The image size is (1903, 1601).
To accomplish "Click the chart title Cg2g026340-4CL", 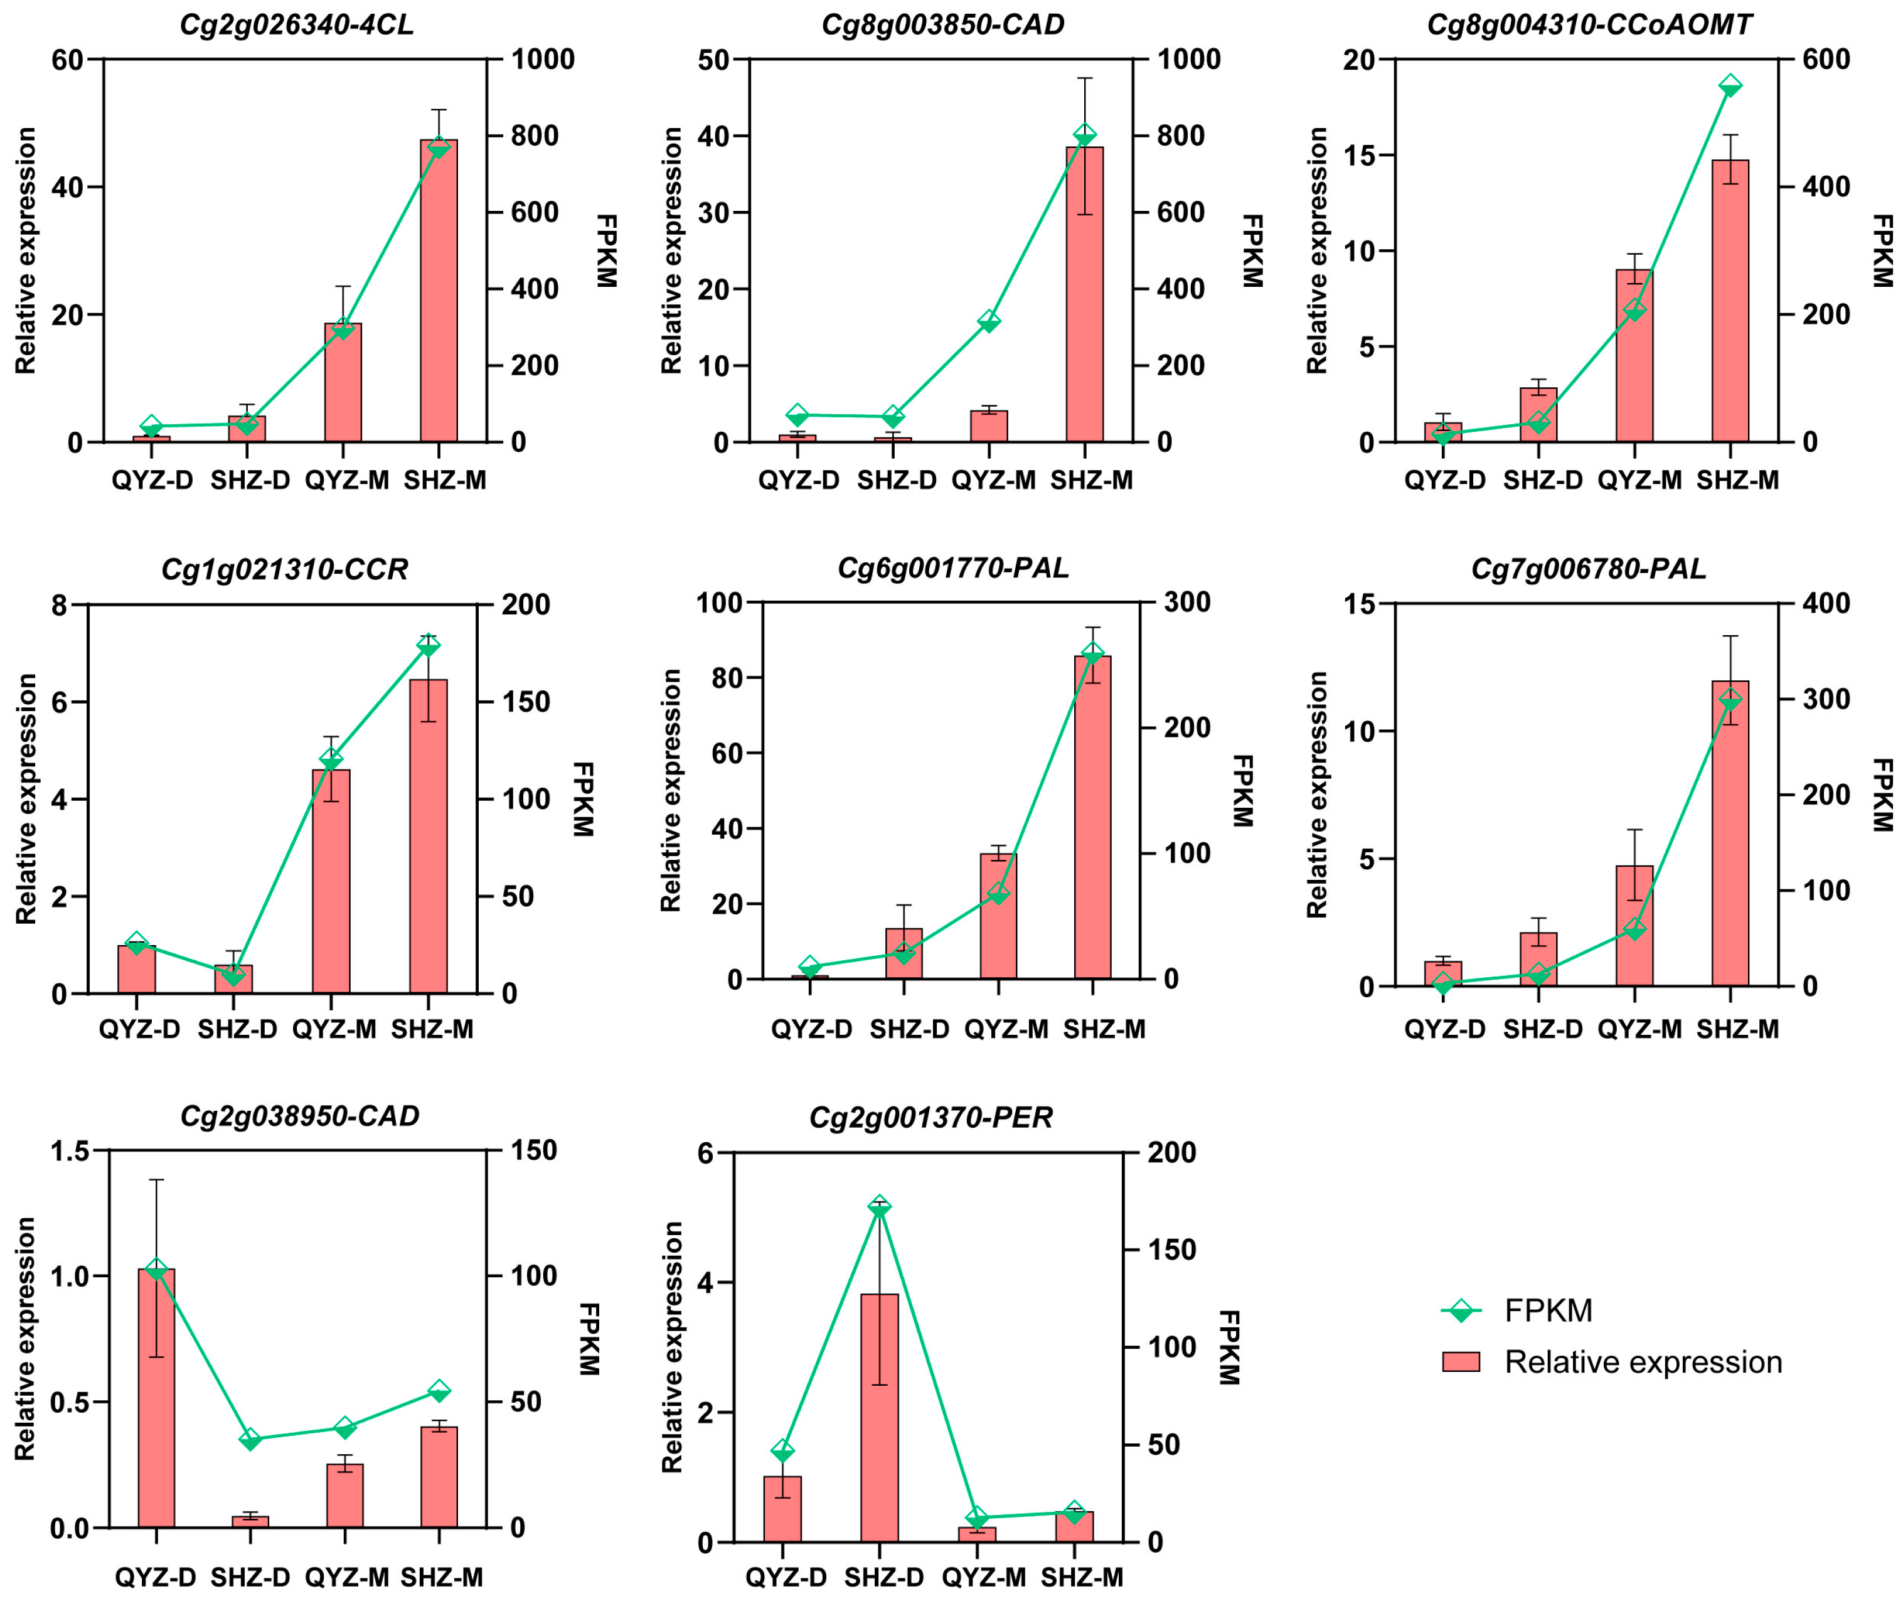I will coord(297,24).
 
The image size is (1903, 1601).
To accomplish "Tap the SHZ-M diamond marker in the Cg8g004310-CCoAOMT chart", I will coord(1730,87).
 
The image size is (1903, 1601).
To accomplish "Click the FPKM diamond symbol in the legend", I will coord(1461,1310).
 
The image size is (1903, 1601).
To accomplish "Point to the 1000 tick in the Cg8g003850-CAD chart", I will coord(1188,60).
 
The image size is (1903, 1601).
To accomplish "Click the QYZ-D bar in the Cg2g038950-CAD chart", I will coord(156,1398).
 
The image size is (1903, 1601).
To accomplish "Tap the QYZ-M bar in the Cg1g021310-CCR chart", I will coord(331,881).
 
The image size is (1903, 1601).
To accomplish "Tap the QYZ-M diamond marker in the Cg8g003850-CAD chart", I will coord(989,321).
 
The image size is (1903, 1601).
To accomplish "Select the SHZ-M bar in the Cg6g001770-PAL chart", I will coord(1092,817).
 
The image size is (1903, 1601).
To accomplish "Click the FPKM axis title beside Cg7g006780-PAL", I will coord(1880,795).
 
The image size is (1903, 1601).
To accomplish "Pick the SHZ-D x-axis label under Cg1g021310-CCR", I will coord(237,1030).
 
